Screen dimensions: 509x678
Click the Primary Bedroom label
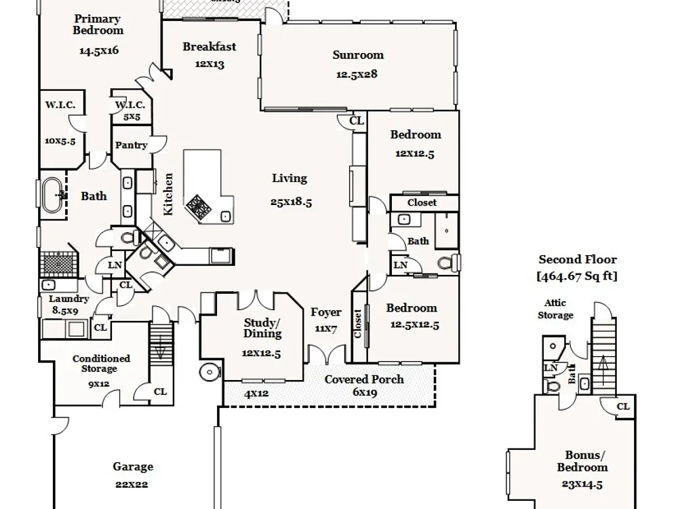point(98,24)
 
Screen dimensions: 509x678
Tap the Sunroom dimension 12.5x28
point(357,74)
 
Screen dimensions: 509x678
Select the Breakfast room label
point(210,47)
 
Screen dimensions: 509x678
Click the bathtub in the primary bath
point(54,196)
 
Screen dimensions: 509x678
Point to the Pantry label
point(131,145)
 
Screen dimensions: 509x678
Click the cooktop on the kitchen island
point(200,206)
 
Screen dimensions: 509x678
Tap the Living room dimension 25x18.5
point(290,202)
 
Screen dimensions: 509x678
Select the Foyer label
point(326,313)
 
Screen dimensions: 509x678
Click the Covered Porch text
point(364,379)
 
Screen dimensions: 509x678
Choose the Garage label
point(133,467)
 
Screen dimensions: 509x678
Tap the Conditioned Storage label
point(102,364)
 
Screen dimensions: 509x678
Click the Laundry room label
point(69,299)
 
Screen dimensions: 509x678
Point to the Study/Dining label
point(262,328)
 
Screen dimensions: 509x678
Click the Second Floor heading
point(578,259)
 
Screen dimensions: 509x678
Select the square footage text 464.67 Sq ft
point(578,276)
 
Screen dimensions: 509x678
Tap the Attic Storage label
point(556,309)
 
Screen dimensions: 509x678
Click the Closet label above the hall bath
point(422,203)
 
